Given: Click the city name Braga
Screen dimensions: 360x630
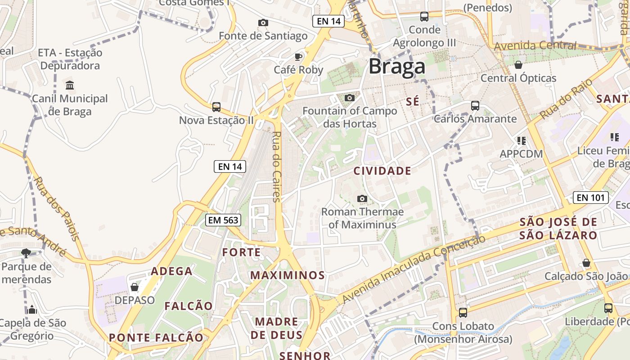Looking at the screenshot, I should (x=397, y=67).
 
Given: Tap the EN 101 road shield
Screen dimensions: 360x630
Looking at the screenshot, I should (x=590, y=197).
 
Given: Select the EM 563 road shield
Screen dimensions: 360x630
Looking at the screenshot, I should (x=223, y=220).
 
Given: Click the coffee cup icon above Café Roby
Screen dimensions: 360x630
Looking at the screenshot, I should (x=298, y=57).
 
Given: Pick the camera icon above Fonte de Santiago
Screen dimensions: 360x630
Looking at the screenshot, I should (x=263, y=22).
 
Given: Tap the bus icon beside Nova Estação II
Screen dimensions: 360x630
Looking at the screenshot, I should (x=216, y=107).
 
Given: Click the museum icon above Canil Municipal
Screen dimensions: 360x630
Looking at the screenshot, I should (x=70, y=85).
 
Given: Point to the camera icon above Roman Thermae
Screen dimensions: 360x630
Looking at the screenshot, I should (x=362, y=198).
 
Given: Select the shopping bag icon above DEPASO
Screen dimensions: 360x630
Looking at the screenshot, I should (x=134, y=287).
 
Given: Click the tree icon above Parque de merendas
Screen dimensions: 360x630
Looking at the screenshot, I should (x=26, y=253).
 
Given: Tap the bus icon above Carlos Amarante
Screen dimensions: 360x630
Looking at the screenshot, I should (x=475, y=106).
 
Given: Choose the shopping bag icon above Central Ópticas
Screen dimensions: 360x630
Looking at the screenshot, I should (x=518, y=65).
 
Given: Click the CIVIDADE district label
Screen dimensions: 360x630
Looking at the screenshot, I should (x=382, y=171).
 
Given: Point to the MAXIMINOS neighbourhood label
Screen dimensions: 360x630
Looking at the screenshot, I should (x=287, y=275).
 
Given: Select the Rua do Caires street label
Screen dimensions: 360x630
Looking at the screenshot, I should (x=277, y=166).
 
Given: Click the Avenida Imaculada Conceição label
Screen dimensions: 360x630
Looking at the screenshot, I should (x=414, y=269).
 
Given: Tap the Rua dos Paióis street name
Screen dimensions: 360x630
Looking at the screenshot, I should (x=57, y=209).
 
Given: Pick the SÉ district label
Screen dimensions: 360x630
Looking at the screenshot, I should (x=412, y=101).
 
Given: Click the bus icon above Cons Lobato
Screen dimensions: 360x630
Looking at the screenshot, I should (x=463, y=312).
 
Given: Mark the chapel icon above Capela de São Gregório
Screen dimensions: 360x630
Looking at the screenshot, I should (x=31, y=310).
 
